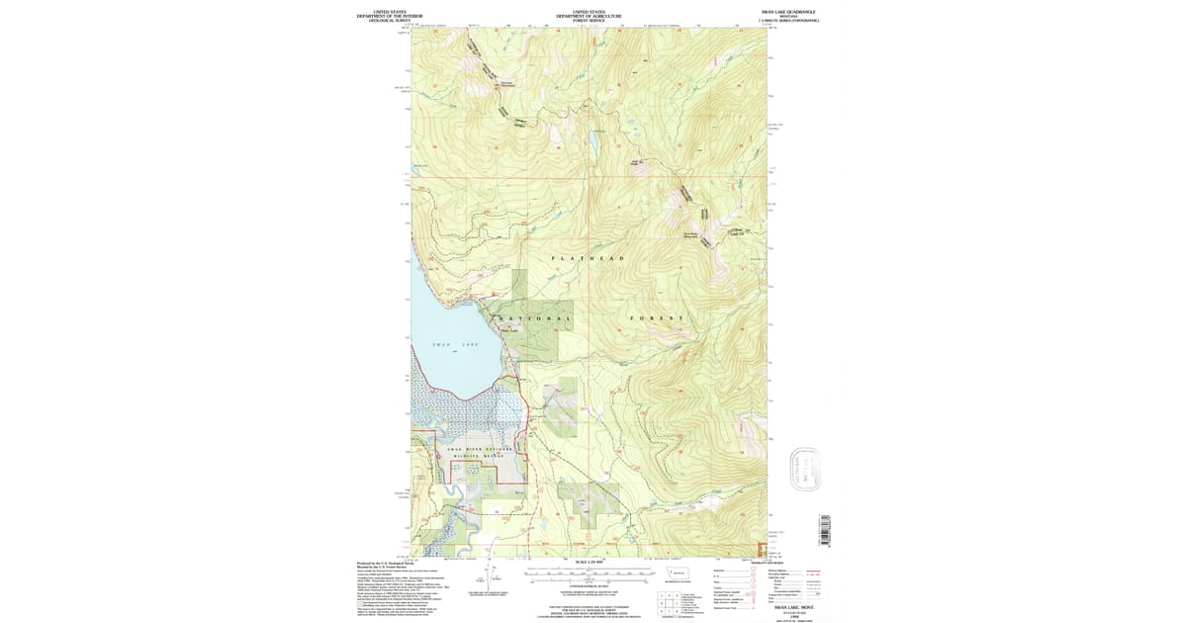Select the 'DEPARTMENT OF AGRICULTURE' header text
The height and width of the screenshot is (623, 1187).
click(589, 16)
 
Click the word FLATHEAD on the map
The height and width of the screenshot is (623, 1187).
click(588, 258)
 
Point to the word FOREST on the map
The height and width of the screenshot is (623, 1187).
click(658, 318)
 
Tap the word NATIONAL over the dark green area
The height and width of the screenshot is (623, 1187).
click(532, 318)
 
